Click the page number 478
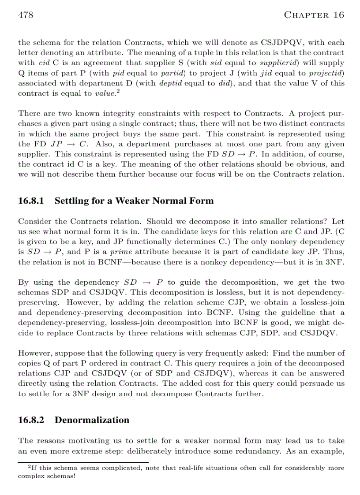tap(26, 15)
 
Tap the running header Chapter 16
tap(314, 15)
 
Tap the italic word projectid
tap(327, 73)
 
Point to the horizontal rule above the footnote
tap(83, 462)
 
